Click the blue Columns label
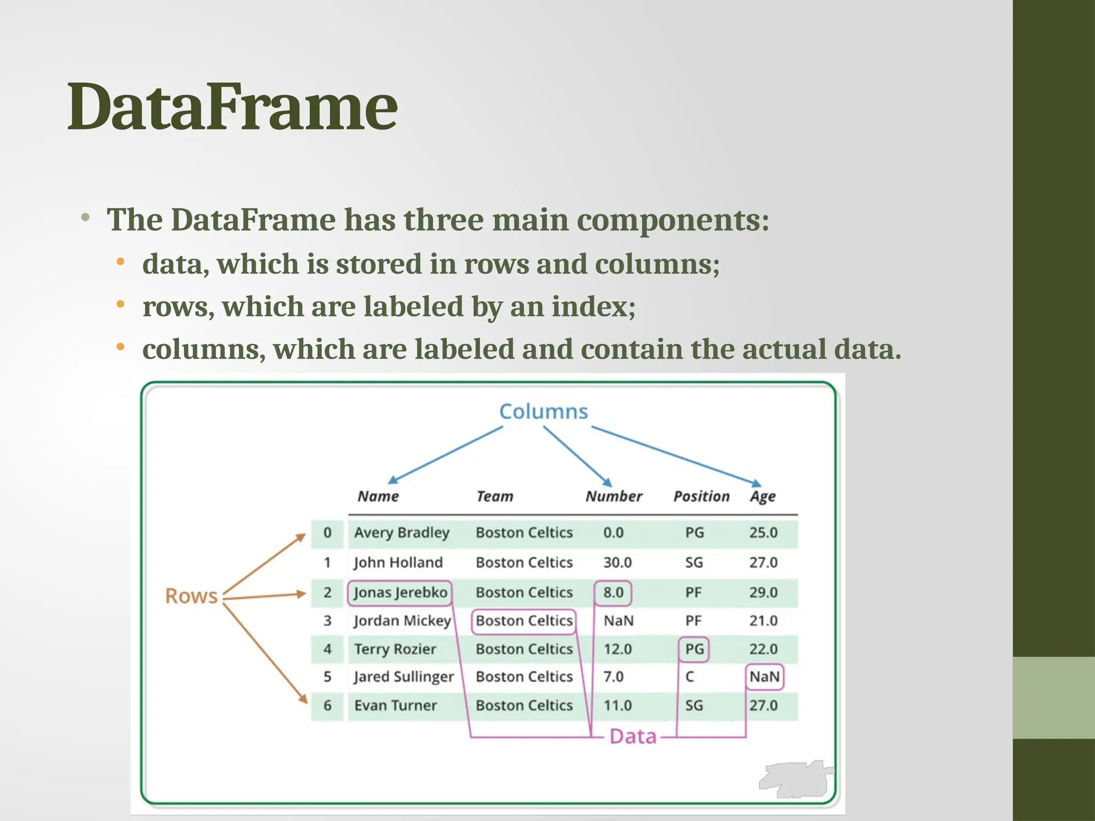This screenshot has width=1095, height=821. pyautogui.click(x=543, y=412)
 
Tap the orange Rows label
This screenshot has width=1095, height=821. pyautogui.click(x=191, y=596)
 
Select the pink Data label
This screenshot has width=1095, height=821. pyautogui.click(x=633, y=737)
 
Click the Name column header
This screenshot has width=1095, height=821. pyautogui.click(x=378, y=497)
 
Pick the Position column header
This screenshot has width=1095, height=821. pyautogui.click(x=701, y=497)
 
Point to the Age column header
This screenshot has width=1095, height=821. pyautogui.click(x=762, y=497)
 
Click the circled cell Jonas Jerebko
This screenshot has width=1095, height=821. pyautogui.click(x=400, y=593)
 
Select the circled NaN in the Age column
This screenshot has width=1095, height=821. pyautogui.click(x=764, y=677)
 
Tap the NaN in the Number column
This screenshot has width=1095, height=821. pyautogui.click(x=618, y=621)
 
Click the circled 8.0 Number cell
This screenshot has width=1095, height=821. pyautogui.click(x=613, y=593)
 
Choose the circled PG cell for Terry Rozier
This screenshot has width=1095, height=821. pyautogui.click(x=694, y=649)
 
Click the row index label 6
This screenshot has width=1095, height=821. pyautogui.click(x=327, y=706)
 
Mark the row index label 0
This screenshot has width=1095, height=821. pyautogui.click(x=327, y=533)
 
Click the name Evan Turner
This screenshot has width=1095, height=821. pyautogui.click(x=395, y=706)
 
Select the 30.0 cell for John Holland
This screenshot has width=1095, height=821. pyautogui.click(x=618, y=563)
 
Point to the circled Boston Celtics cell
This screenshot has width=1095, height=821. pyautogui.click(x=524, y=621)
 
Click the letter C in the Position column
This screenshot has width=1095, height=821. pyautogui.click(x=690, y=677)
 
